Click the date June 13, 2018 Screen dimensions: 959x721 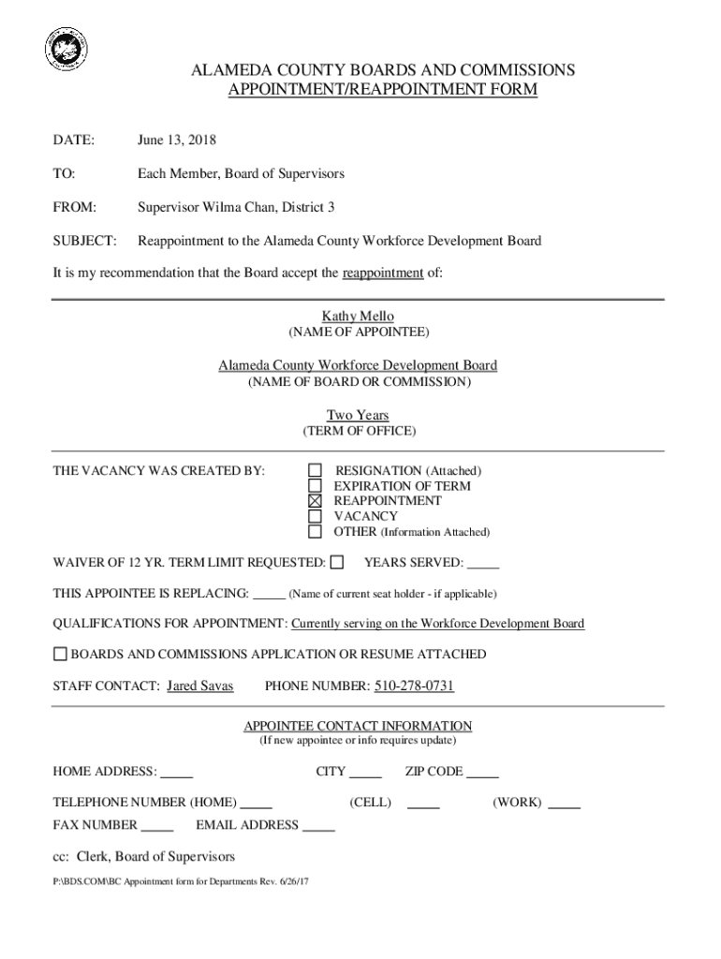177,140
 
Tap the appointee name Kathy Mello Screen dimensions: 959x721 360,317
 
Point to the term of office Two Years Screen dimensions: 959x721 358,415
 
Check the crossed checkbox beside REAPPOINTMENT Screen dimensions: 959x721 316,501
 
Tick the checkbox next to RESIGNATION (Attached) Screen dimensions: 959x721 316,470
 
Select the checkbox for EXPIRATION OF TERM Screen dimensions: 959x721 316,486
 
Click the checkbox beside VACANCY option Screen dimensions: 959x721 316,516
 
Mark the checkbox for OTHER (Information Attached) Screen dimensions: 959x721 316,532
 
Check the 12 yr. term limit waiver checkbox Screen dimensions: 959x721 338,562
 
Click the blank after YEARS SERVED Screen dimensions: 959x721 483,564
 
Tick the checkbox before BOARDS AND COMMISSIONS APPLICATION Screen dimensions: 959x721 61,654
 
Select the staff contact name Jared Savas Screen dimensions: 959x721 199,686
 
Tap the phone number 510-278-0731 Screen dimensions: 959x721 415,686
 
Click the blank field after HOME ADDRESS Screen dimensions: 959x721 177,774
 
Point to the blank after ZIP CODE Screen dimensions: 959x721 482,774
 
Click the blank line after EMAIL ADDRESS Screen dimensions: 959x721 319,827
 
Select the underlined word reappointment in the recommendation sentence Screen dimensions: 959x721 383,273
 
